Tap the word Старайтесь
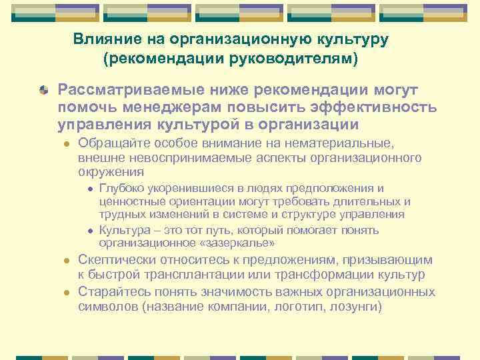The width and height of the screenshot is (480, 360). [111, 292]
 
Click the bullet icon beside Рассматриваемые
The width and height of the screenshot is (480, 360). [43, 89]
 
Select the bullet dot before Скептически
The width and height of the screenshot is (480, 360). [65, 261]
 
